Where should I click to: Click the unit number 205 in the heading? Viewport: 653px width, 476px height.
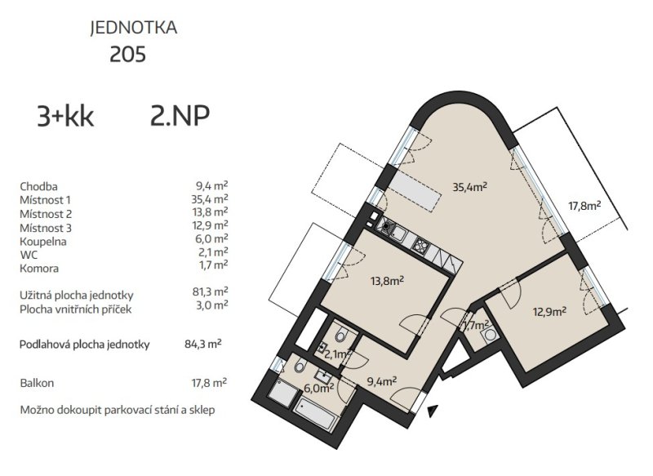coord(128,55)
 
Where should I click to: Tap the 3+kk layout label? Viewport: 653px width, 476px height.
coord(65,117)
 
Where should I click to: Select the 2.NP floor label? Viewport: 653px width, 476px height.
coord(180,116)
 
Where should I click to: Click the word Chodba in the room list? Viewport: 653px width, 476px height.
coord(38,187)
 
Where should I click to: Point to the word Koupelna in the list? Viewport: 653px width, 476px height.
coord(43,242)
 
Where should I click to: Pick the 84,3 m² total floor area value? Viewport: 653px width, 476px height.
coord(203,344)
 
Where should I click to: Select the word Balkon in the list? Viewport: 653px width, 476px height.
coord(37,383)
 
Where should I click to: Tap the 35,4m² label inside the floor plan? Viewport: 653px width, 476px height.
coord(470,187)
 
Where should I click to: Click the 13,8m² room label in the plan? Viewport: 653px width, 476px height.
coord(387,281)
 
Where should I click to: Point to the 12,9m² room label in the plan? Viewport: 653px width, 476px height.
coord(549,311)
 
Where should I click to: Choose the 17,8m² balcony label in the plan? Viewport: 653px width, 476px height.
coord(584,205)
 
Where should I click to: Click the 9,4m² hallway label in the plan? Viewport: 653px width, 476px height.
coord(381,380)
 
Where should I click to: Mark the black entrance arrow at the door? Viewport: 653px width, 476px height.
coord(433,411)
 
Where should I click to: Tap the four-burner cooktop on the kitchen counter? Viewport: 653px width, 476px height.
coord(420,244)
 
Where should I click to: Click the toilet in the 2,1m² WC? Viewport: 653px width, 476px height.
coord(341,334)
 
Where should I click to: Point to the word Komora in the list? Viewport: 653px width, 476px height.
coord(39,269)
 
